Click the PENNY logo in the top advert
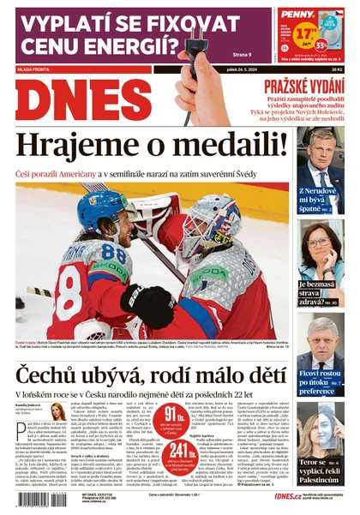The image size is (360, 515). click(x=299, y=15)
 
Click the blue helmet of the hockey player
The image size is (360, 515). click(x=103, y=205)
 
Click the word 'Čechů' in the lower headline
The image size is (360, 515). click(x=51, y=375)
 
